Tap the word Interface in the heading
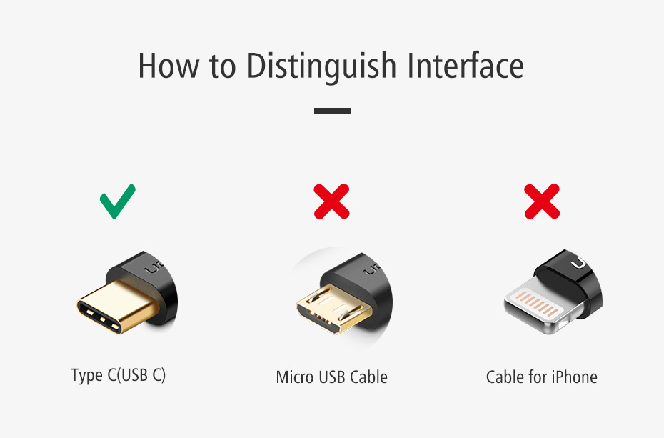click(x=466, y=65)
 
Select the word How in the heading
click(x=168, y=66)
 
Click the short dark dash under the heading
click(x=332, y=111)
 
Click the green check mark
click(x=117, y=201)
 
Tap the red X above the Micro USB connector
click(x=331, y=201)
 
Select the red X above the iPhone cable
click(x=542, y=201)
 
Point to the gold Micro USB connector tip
click(x=333, y=309)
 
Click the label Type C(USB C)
click(x=118, y=375)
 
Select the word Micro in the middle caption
click(x=295, y=377)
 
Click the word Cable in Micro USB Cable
click(x=368, y=377)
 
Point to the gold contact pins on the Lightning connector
click(x=538, y=303)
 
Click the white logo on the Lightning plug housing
click(x=578, y=263)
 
